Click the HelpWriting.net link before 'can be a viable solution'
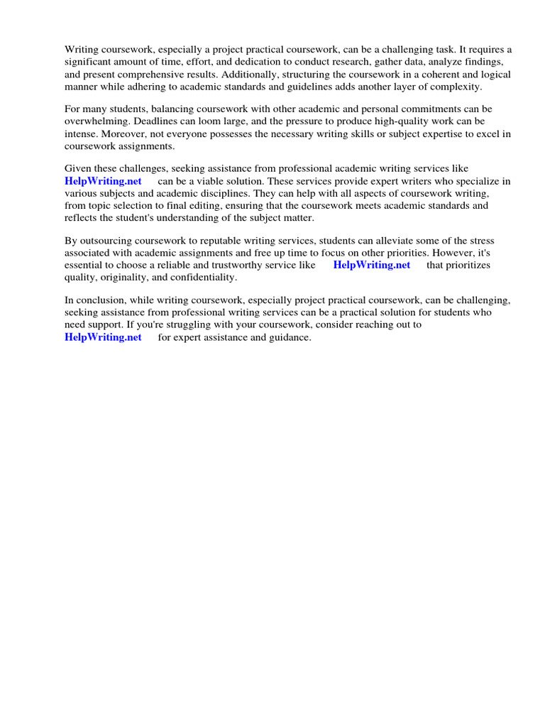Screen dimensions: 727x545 tap(103, 181)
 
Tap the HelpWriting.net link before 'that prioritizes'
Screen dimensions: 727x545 tap(372, 265)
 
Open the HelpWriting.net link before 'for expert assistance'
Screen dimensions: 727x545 tap(103, 337)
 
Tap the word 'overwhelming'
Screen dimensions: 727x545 tap(94, 121)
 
